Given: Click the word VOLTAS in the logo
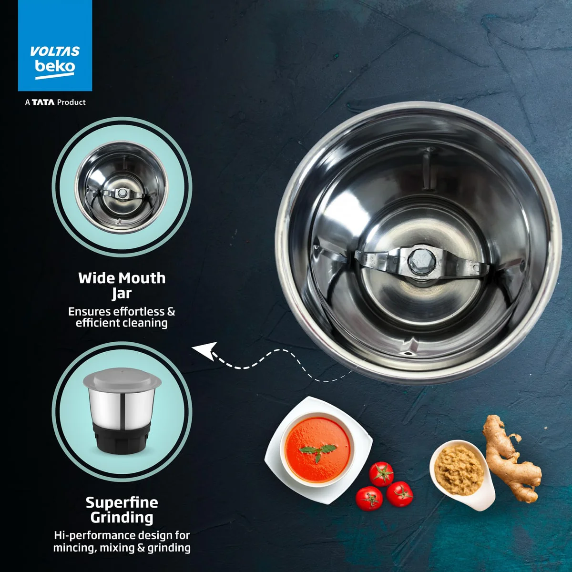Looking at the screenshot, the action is click(55, 51).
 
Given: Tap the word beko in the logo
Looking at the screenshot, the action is click(55, 66).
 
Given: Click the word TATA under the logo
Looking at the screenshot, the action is click(43, 102).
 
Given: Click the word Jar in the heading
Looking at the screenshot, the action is click(122, 293).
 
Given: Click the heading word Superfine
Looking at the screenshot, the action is click(122, 502).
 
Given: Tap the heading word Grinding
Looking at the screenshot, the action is click(122, 518).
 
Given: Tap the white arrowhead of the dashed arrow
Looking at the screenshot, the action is click(205, 350).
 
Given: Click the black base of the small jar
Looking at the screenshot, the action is click(122, 440).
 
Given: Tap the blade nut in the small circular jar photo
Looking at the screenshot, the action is click(122, 193).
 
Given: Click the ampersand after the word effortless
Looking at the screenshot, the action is click(171, 312).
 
